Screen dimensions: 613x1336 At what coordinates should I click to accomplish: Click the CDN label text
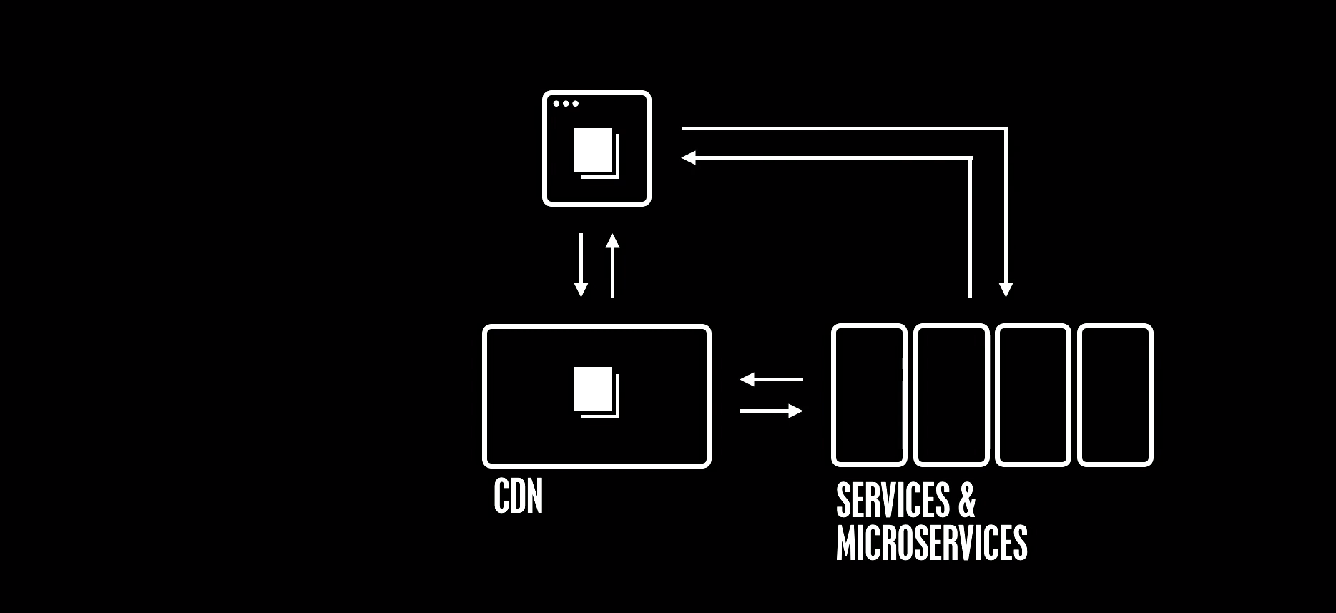pos(518,496)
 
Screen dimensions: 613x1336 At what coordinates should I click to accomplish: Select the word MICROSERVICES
pos(931,543)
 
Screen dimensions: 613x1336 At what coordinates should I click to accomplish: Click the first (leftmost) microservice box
pos(869,395)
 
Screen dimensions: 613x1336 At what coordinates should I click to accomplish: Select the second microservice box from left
pos(951,395)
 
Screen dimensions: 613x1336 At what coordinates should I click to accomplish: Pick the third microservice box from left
pos(1033,395)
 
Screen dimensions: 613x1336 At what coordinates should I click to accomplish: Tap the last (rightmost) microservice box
pos(1115,395)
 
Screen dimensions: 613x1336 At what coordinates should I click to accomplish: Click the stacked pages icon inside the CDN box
pos(596,391)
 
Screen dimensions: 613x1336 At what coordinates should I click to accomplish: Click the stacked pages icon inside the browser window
pos(596,152)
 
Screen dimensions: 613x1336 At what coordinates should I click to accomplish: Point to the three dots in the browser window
pos(566,104)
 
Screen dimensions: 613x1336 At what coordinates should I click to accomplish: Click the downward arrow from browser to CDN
pos(581,265)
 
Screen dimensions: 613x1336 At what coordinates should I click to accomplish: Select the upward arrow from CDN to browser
pos(612,265)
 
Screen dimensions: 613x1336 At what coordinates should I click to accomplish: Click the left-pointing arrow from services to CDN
pos(771,379)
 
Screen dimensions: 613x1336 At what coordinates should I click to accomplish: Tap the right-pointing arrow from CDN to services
pos(771,411)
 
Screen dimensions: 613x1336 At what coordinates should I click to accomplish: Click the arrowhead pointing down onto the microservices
pos(1006,290)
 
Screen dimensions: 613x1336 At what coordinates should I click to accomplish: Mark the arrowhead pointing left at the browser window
pos(689,157)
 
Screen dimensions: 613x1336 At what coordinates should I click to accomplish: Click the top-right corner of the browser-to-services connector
pos(1006,129)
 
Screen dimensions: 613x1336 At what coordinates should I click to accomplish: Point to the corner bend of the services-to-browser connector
pos(971,157)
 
